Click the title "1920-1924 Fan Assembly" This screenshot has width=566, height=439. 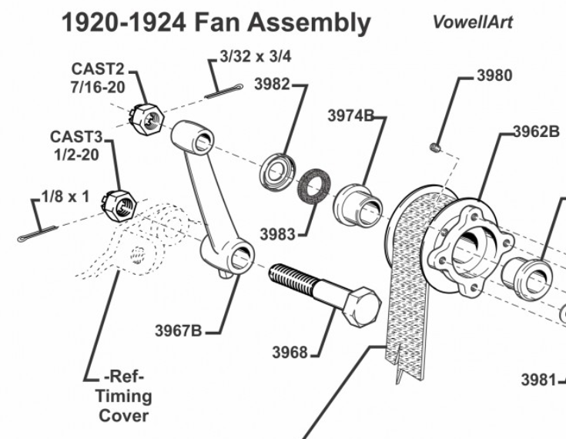tap(216, 22)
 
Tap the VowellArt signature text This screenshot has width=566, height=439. tap(472, 22)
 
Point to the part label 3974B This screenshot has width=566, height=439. tap(350, 116)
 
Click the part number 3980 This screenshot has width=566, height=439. tap(494, 75)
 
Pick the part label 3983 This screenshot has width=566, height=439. tap(277, 233)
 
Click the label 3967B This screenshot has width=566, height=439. tap(179, 330)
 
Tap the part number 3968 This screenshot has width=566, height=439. tap(290, 353)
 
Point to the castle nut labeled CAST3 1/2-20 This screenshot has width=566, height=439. tap(119, 205)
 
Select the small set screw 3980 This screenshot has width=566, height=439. tap(435, 146)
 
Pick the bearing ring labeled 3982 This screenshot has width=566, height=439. tap(275, 170)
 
